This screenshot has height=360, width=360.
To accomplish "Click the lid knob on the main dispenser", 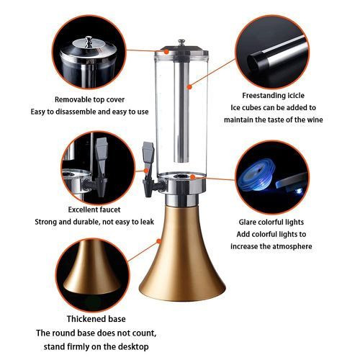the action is click(181, 42).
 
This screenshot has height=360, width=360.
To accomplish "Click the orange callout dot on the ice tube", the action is click(189, 87).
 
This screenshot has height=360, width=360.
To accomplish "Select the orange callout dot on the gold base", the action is click(158, 241).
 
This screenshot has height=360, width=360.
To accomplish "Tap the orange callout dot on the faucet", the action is click(146, 171).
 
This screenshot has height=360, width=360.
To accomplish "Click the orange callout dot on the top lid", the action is click(166, 52).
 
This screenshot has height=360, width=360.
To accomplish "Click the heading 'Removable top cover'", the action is click(89, 99).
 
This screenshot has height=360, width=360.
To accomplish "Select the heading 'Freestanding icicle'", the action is click(273, 95).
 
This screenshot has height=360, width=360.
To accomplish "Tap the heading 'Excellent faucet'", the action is click(94, 210).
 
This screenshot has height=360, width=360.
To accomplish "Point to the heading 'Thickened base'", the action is click(96, 319).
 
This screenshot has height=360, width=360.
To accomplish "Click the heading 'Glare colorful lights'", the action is click(271, 222).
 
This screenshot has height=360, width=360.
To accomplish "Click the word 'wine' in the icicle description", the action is click(315, 120).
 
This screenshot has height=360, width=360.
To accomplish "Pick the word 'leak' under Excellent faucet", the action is click(146, 222).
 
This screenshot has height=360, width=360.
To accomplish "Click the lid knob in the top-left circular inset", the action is click(89, 40).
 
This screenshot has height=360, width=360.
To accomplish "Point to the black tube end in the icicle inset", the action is click(254, 60).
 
